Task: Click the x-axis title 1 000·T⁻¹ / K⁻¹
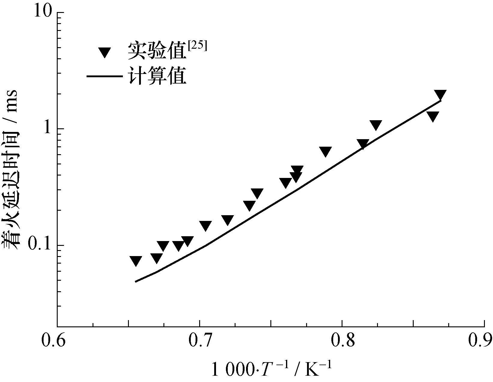272,368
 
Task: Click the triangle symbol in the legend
105,53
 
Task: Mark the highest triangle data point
440,95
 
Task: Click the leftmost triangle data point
136,261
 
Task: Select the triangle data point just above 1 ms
376,125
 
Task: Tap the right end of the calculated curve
441,101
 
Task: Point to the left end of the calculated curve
136,282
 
